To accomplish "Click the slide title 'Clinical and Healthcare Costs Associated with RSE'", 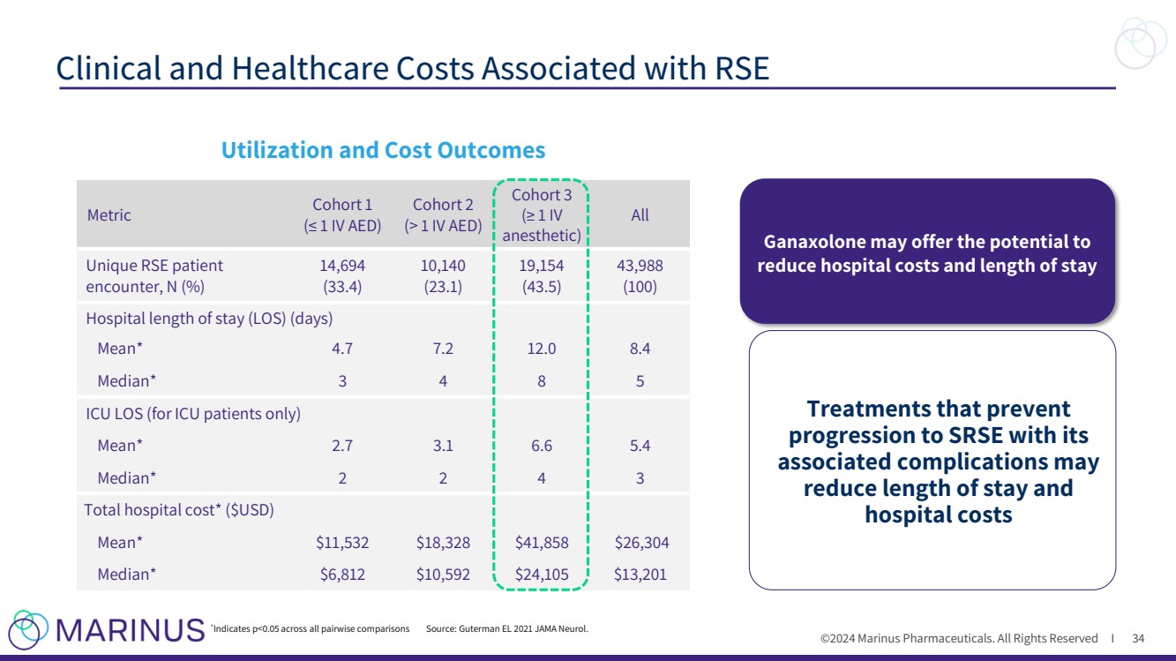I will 412,68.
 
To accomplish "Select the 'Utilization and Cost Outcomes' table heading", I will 382,150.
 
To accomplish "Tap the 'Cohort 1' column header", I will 342,214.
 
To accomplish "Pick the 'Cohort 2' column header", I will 443,214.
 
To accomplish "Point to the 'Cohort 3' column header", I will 542,214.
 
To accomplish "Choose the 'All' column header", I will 640,214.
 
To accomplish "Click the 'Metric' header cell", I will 109,214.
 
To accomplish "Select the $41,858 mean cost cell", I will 542,543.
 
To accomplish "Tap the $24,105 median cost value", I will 542,575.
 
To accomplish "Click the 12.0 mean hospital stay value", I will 542,349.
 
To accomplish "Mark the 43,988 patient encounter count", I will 640,266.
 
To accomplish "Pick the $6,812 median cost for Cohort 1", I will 342,575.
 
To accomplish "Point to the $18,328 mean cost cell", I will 443,543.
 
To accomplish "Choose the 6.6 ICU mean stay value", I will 542,446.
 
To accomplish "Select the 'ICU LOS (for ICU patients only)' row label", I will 193,413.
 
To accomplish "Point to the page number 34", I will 1138,638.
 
